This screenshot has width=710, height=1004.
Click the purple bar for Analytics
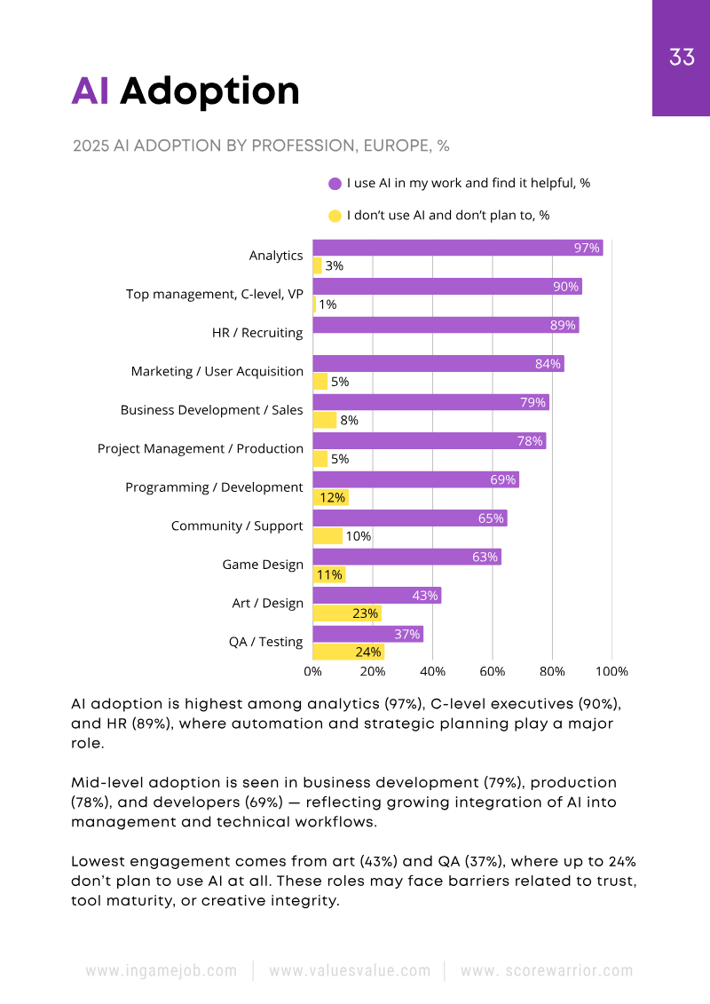(x=457, y=248)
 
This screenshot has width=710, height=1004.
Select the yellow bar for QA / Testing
(x=349, y=652)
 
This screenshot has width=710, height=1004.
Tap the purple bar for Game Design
(x=406, y=557)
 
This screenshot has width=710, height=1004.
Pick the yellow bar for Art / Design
(x=347, y=613)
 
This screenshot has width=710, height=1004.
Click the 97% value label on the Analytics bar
(x=587, y=248)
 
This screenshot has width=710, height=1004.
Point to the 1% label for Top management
(x=327, y=304)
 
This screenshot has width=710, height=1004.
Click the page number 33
(x=682, y=58)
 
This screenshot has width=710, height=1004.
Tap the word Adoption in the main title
(x=209, y=91)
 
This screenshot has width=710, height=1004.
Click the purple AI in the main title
(x=91, y=91)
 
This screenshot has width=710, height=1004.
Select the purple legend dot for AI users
(x=335, y=184)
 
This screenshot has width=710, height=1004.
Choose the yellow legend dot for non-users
(x=335, y=216)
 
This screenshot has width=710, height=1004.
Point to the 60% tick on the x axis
(x=493, y=672)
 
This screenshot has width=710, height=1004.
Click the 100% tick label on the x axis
(x=612, y=672)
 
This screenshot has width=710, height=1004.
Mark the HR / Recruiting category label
(x=257, y=333)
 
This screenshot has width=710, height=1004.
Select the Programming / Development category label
(x=214, y=487)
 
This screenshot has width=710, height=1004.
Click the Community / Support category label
(x=237, y=526)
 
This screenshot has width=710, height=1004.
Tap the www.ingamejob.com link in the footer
(x=162, y=971)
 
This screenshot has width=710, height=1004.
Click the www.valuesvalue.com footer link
(x=350, y=971)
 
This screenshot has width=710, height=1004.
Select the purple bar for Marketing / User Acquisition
(x=438, y=363)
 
